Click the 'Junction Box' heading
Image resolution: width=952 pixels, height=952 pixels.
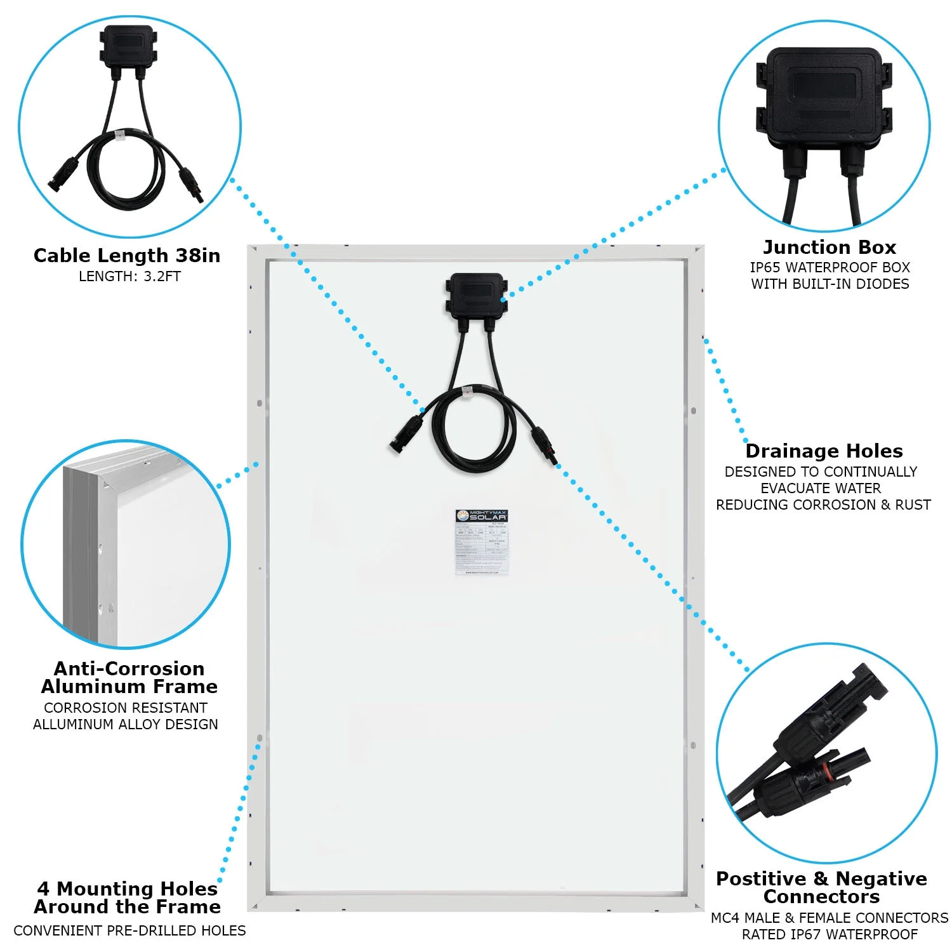click(829, 247)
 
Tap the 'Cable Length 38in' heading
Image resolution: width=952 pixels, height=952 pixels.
click(127, 256)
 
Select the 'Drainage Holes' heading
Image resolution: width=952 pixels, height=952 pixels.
click(824, 451)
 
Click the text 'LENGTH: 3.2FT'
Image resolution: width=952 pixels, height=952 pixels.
click(129, 277)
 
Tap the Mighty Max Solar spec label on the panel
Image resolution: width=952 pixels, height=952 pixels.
click(482, 542)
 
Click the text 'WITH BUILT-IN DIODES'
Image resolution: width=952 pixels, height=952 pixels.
click(830, 284)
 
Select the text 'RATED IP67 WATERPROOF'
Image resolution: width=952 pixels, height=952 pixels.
click(830, 935)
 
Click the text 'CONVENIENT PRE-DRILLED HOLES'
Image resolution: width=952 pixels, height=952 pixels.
click(129, 931)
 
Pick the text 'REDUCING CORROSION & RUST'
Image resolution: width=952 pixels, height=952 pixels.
click(823, 505)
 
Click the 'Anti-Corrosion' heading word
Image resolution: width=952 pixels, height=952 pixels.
click(129, 669)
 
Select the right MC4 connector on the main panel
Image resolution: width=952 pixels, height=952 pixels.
click(544, 444)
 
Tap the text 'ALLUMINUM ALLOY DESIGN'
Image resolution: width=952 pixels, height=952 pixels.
click(126, 725)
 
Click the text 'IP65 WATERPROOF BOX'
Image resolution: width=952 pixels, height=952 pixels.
click(830, 268)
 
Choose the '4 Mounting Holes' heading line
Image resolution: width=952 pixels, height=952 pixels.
click(127, 889)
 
